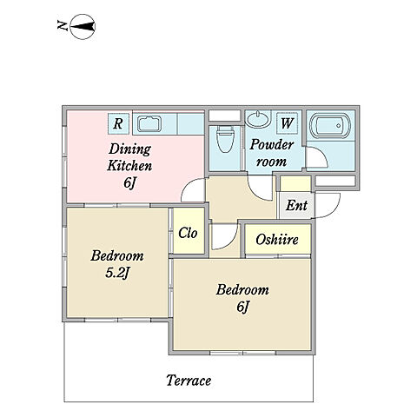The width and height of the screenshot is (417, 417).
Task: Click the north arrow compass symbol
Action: (83, 27)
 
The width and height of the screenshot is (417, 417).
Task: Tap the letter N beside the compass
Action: (63, 25)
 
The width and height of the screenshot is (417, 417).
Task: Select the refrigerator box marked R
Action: (118, 123)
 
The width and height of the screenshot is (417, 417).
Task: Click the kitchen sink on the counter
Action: (149, 123)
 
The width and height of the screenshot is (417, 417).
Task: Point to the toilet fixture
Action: (226, 139)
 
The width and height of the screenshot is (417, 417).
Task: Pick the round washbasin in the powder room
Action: (257, 120)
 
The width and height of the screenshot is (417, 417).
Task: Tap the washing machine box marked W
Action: (287, 123)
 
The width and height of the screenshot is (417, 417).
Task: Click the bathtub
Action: (330, 126)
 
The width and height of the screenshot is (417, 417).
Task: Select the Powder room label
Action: (272, 153)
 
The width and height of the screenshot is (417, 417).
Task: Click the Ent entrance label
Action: (296, 206)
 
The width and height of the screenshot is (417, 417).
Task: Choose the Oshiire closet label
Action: (277, 240)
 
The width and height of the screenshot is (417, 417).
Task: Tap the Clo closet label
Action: (188, 233)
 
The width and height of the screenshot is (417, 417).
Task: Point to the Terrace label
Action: (189, 381)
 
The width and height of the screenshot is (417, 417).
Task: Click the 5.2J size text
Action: (117, 273)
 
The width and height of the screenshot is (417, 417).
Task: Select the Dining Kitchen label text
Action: (129, 157)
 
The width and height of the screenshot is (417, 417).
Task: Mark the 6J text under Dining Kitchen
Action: (129, 182)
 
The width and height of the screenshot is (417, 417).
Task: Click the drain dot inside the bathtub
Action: (338, 126)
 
